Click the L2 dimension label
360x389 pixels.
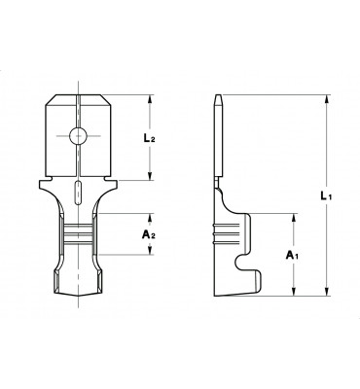tap(150, 138)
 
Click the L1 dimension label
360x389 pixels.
tap(326, 195)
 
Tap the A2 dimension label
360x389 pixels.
tap(149, 234)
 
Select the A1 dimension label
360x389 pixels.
tap(292, 256)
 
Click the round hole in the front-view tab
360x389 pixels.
tap(78, 135)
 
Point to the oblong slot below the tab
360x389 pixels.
tap(78, 193)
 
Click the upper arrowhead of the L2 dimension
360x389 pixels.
tap(150, 99)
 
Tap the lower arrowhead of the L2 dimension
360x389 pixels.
tap(150, 176)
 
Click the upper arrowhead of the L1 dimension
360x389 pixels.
tap(328, 99)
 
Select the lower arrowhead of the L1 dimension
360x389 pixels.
tap(328, 292)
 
